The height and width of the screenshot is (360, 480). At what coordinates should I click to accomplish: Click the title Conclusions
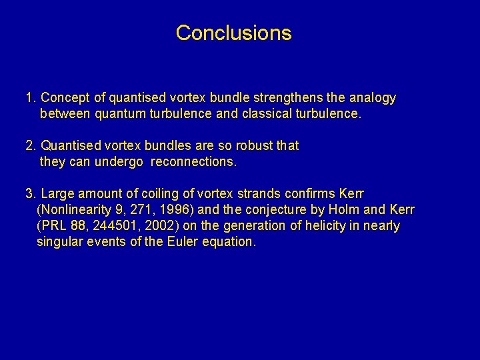tap(233, 33)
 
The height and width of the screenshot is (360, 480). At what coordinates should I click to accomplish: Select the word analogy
tap(371, 98)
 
